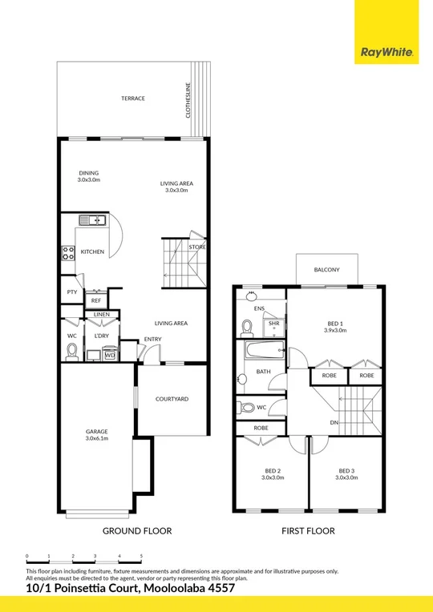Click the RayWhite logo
[x=386, y=53]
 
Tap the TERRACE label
[x=133, y=99]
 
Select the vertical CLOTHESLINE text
[x=188, y=100]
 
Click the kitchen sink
[x=91, y=220]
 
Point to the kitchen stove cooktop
[x=69, y=253]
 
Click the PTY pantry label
[x=71, y=292]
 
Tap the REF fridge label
[x=95, y=301]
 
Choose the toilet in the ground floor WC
[x=72, y=349]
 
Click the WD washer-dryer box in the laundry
[x=109, y=355]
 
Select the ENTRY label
[x=152, y=339]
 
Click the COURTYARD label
[x=172, y=399]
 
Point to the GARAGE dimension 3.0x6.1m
[x=96, y=439]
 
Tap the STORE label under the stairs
[x=197, y=248]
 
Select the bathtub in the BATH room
[x=263, y=349]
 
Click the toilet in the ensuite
[x=248, y=327]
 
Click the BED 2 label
[x=273, y=470]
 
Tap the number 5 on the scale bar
[x=142, y=555]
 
